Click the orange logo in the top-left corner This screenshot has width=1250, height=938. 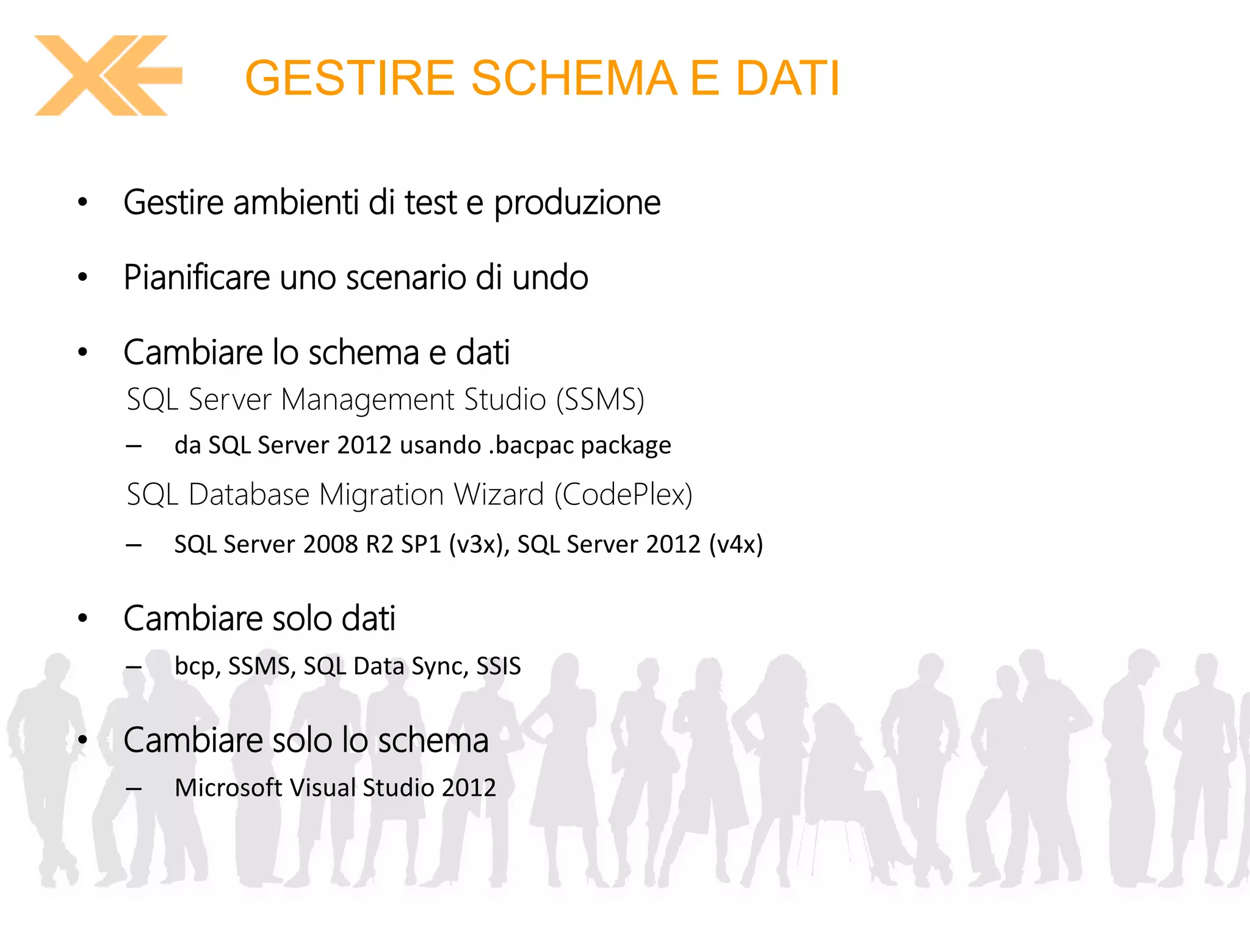pos(107,76)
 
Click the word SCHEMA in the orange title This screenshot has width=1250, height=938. pos(574,78)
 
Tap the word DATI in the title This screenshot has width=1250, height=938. pos(787,78)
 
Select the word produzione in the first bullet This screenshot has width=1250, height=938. pos(577,203)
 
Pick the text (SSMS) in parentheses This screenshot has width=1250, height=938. pos(600,400)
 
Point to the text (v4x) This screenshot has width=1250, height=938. pos(735,544)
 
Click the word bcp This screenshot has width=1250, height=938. pos(195,666)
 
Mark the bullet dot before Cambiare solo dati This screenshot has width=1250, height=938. pos(83,619)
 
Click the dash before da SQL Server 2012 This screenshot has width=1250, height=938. pos(134,446)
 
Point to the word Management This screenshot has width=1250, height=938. pos(367,400)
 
